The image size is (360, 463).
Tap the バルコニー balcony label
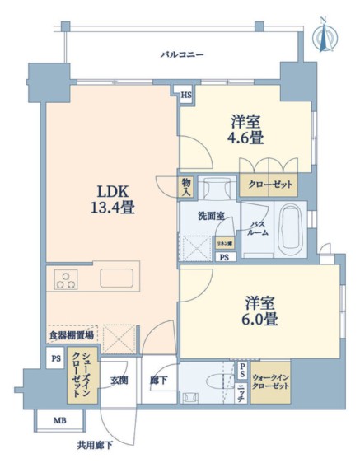tap(181, 54)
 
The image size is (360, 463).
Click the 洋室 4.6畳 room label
tap(246, 130)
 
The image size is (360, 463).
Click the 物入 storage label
tap(187, 187)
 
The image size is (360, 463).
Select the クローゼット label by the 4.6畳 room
tap(267, 185)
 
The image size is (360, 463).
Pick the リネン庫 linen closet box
tap(224, 244)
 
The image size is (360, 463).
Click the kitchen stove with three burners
tap(67, 279)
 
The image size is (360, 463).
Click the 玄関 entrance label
tap(118, 381)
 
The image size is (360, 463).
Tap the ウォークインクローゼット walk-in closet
tap(271, 381)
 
